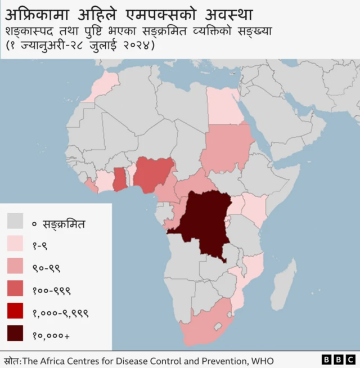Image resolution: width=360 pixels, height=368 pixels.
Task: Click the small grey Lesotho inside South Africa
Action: tap(217, 327)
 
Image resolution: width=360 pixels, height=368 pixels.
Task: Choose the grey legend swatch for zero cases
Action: tap(16, 221)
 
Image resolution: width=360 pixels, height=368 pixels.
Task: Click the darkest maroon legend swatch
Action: tap(16, 334)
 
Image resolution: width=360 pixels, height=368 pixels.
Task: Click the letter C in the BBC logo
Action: tap(350, 359)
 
